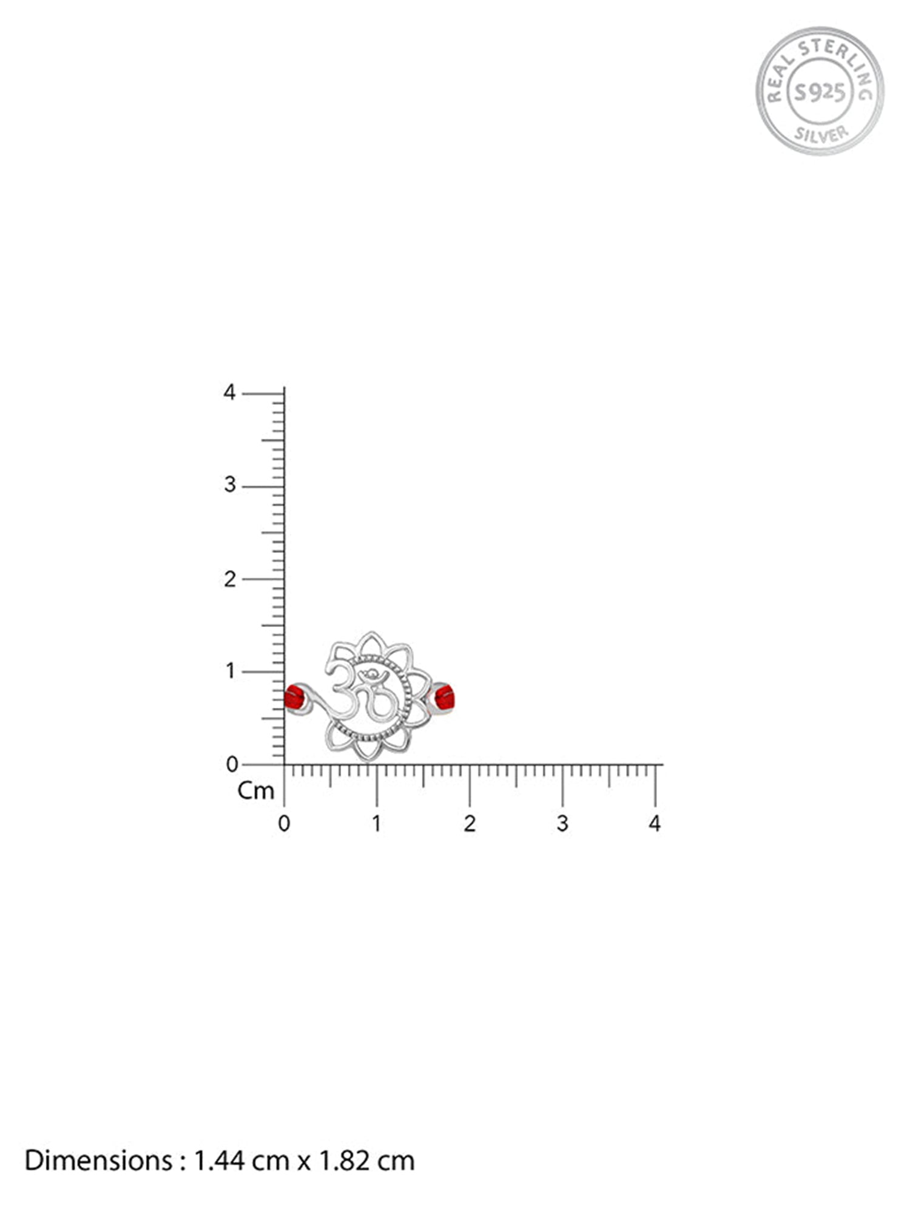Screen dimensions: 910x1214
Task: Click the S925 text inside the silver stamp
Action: tap(820, 92)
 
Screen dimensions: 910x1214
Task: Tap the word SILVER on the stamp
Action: tap(821, 133)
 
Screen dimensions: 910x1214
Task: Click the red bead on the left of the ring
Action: tap(294, 697)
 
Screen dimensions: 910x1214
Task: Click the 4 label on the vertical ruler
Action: tap(229, 392)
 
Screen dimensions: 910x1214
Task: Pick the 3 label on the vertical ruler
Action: tap(229, 485)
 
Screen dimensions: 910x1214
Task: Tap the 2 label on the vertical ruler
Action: tap(229, 579)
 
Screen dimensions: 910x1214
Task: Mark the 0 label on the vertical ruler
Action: tap(232, 764)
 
